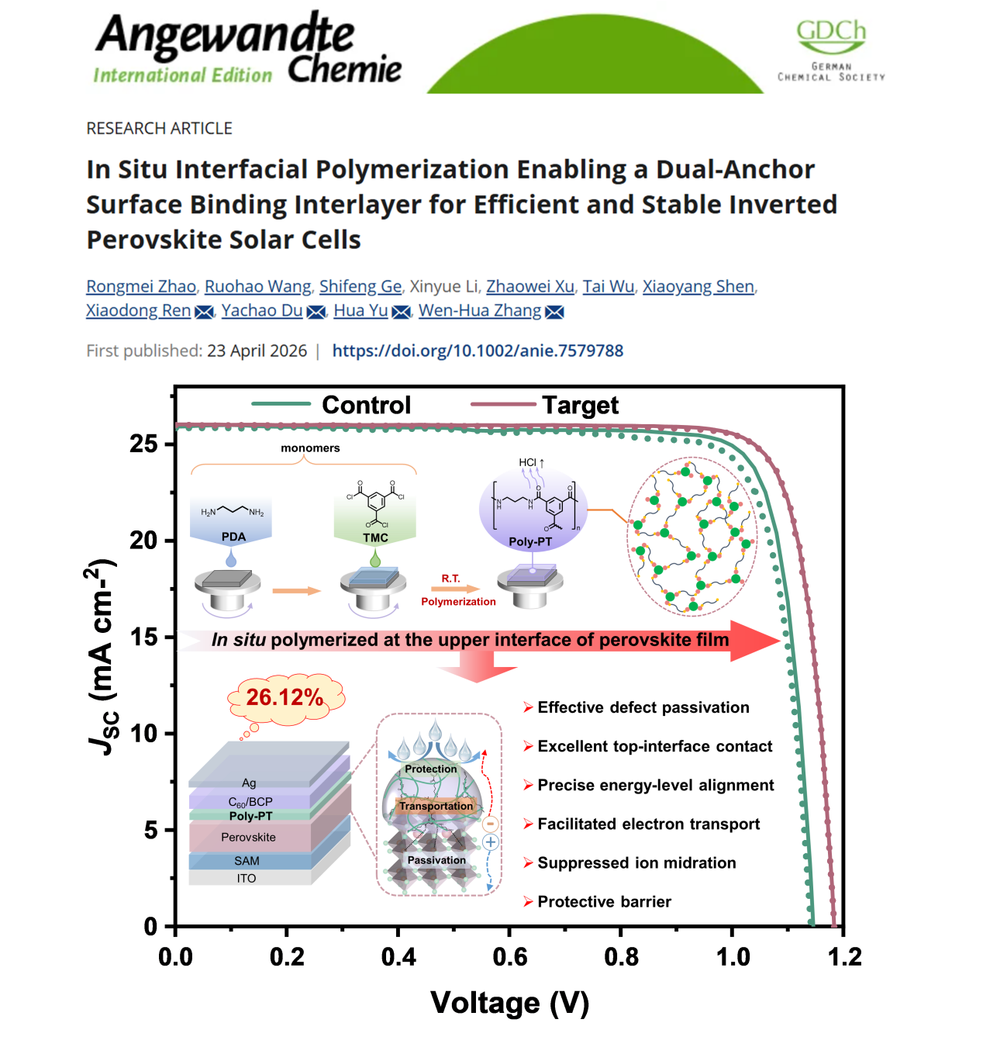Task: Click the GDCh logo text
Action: tap(831, 31)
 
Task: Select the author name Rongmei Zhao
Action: tap(141, 286)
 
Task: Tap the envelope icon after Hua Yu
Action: tap(401, 312)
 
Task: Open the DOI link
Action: tap(478, 351)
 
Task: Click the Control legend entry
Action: tap(331, 405)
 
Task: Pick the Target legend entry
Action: tap(544, 406)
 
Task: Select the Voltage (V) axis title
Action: tap(509, 1004)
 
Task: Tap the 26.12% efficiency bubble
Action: tap(285, 697)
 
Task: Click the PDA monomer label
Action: tap(233, 537)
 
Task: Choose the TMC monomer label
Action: tap(375, 537)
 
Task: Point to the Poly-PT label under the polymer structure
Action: tap(530, 541)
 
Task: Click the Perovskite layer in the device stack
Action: tap(248, 837)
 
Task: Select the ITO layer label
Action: tap(247, 878)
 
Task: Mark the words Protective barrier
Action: tap(604, 901)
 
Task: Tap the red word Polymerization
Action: tap(458, 601)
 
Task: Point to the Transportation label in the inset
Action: tap(436, 806)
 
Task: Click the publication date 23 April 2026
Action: tap(257, 351)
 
